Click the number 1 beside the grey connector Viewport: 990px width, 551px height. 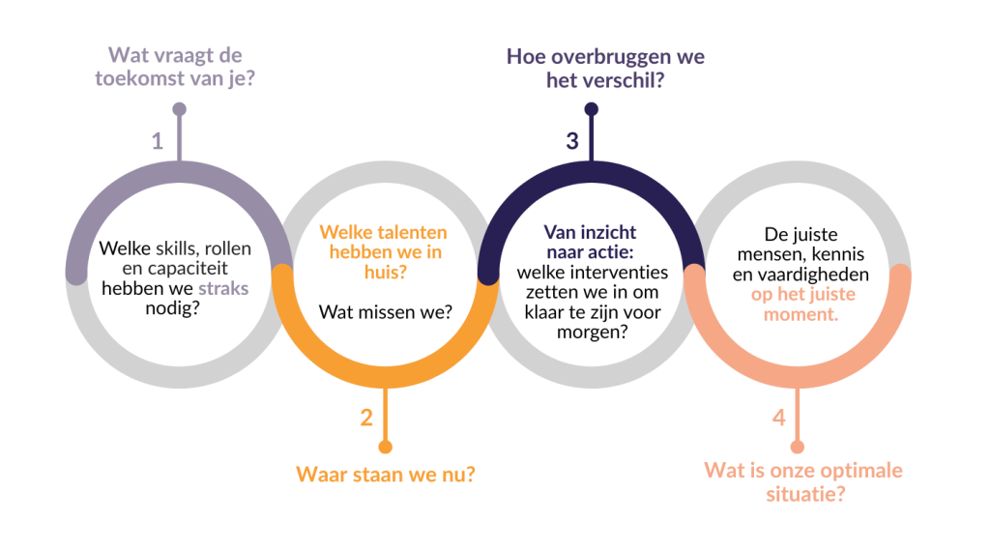[158, 141]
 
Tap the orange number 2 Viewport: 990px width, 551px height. [365, 418]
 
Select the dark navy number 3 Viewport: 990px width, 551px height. [572, 141]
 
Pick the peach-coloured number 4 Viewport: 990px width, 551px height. [778, 418]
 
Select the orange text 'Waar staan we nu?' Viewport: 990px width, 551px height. [385, 476]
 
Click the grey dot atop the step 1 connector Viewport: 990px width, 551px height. [180, 109]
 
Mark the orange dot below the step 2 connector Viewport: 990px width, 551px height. [386, 447]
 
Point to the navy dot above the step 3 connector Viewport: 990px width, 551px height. [592, 109]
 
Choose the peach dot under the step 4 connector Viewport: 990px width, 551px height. [798, 447]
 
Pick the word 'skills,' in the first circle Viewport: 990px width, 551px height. [176, 249]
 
